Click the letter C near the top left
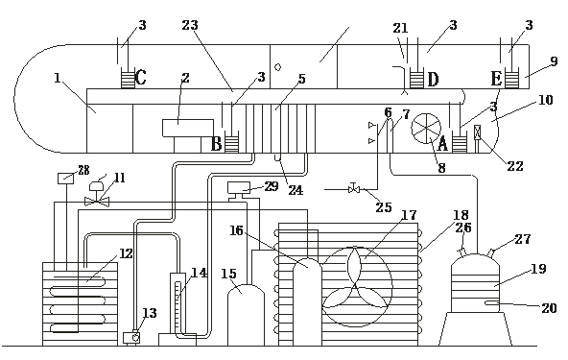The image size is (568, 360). pyautogui.click(x=141, y=77)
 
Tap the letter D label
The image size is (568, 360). pyautogui.click(x=433, y=80)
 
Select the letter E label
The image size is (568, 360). pyautogui.click(x=496, y=79)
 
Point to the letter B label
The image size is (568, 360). pyautogui.click(x=216, y=144)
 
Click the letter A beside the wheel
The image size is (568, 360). pyautogui.click(x=443, y=144)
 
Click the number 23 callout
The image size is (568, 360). pyautogui.click(x=190, y=25)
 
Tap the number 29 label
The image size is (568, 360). pyautogui.click(x=272, y=186)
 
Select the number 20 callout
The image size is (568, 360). pyautogui.click(x=549, y=308)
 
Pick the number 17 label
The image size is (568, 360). pyautogui.click(x=409, y=215)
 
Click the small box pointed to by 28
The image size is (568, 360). pyautogui.click(x=66, y=179)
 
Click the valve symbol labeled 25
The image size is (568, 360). pyautogui.click(x=354, y=188)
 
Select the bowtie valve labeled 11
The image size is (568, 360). pyautogui.click(x=97, y=202)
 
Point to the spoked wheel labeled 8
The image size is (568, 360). pyautogui.click(x=426, y=129)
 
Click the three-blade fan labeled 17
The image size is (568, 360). pyautogui.click(x=357, y=287)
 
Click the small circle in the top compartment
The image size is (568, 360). pyautogui.click(x=278, y=67)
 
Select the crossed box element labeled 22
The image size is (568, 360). pyautogui.click(x=478, y=132)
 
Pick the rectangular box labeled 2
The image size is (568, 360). pyautogui.click(x=188, y=128)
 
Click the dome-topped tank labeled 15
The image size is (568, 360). pyautogui.click(x=246, y=315)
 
